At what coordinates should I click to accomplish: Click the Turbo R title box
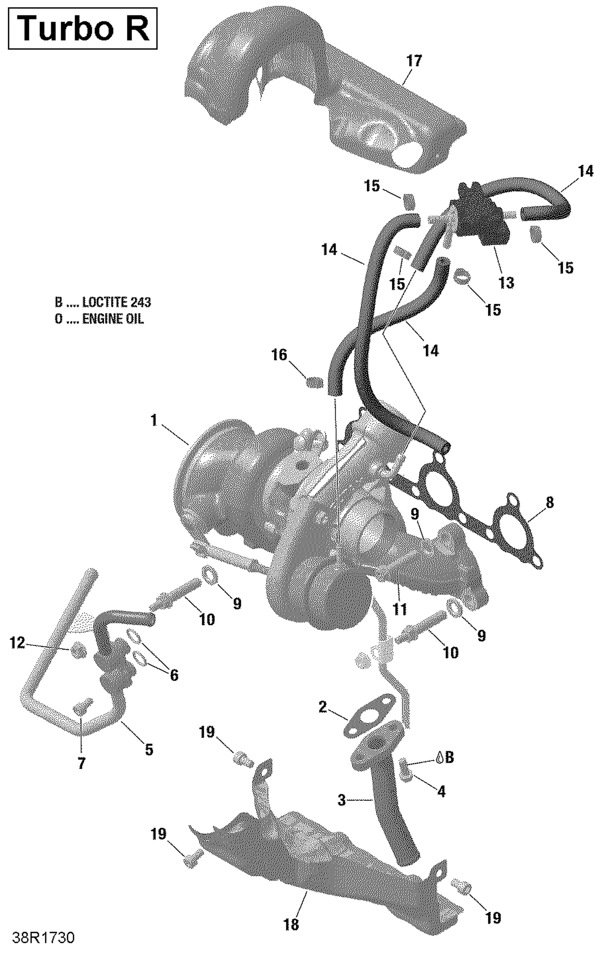click(82, 28)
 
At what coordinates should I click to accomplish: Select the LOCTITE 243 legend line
click(103, 302)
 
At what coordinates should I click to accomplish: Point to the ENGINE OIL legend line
click(99, 319)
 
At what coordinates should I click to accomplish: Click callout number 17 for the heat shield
click(414, 61)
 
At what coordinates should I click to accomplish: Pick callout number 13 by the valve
click(506, 282)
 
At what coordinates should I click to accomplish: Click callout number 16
click(279, 355)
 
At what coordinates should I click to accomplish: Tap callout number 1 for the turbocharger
click(154, 421)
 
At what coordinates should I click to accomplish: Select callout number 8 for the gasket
click(549, 503)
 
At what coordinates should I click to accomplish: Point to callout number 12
click(17, 643)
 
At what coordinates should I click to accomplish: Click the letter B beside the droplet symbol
click(449, 757)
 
